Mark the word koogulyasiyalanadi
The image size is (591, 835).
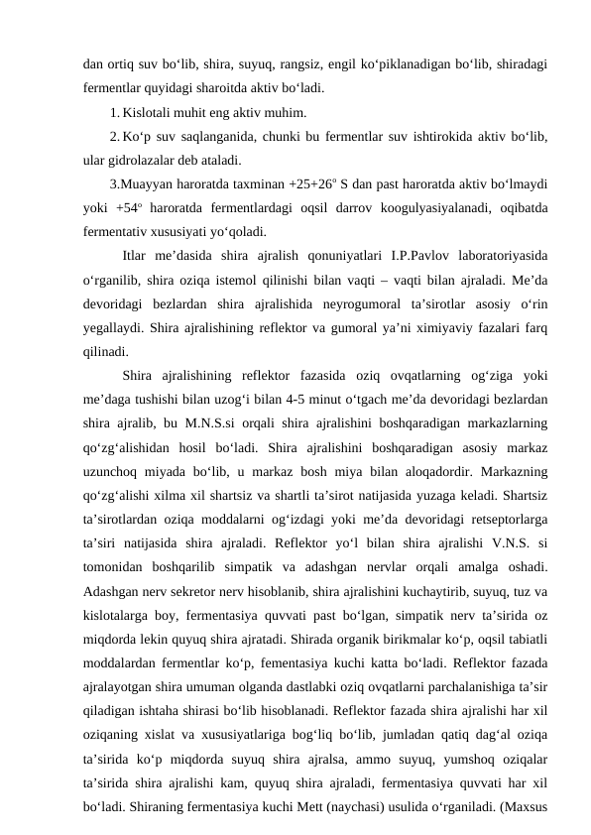point(398,207)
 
